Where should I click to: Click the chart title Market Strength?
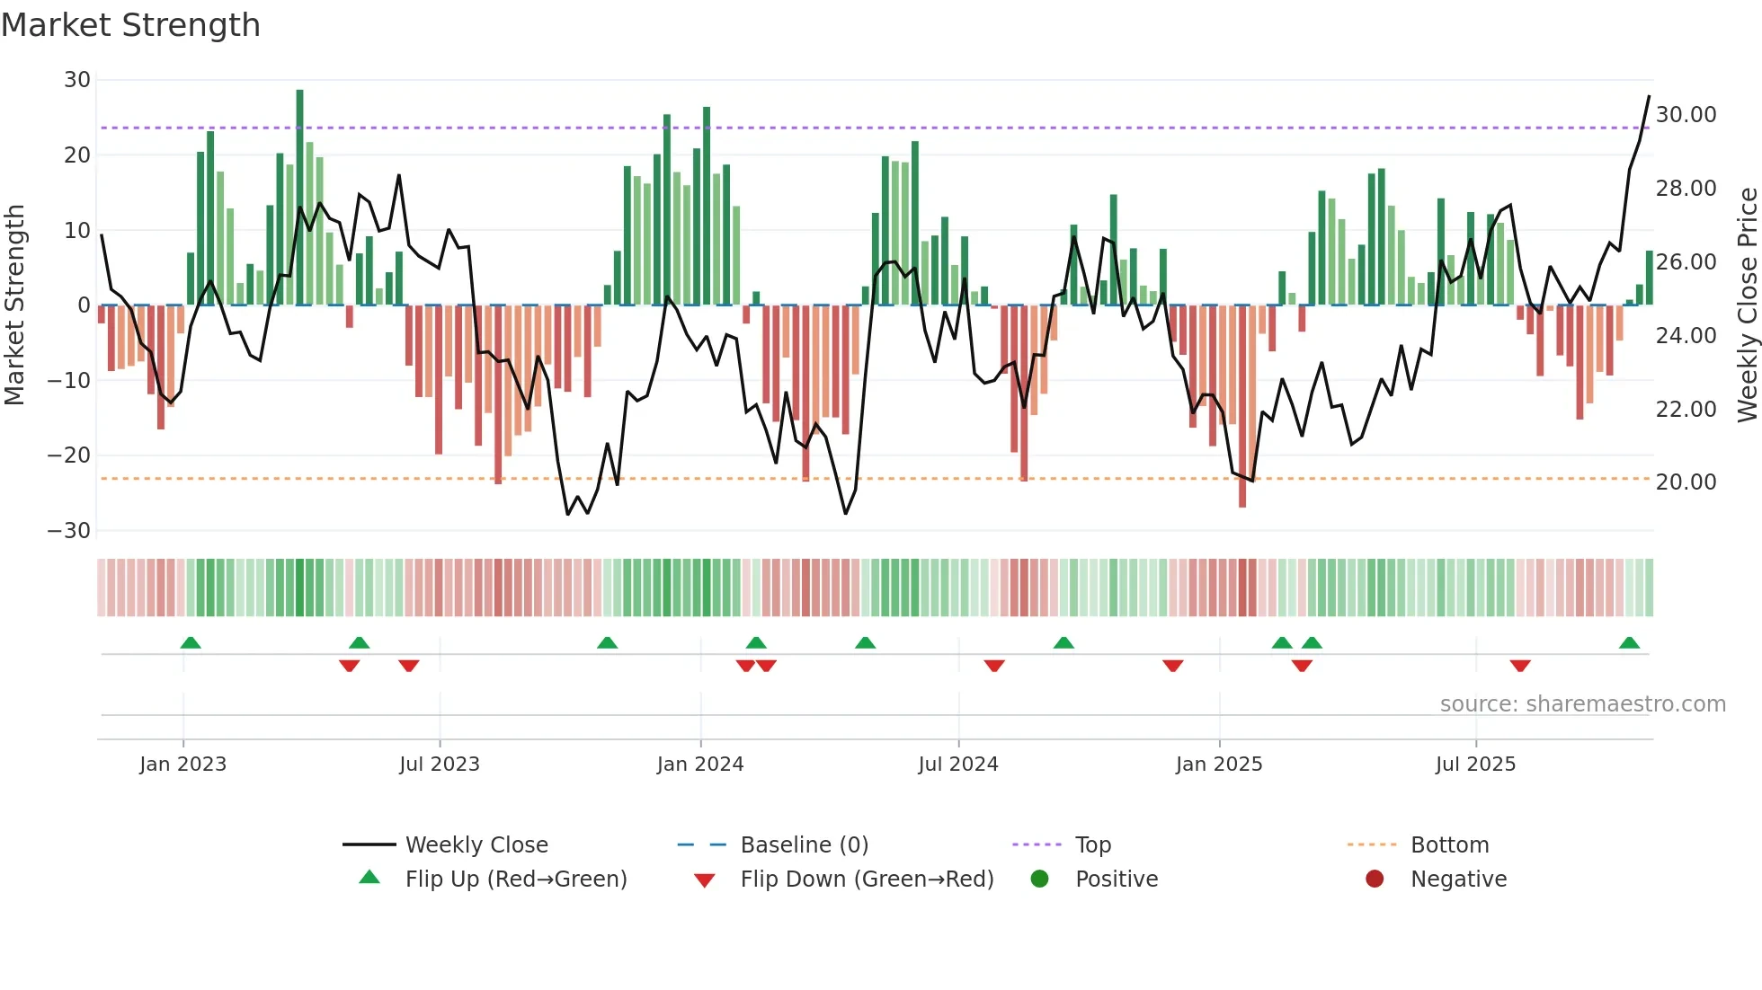click(x=130, y=25)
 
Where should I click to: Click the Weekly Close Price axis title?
click(x=1747, y=305)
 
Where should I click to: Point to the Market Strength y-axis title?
click(x=14, y=305)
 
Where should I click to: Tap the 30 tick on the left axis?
click(x=77, y=80)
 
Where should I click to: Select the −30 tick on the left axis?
click(x=70, y=530)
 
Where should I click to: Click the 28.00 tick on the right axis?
click(x=1686, y=189)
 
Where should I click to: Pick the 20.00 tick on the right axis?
click(x=1686, y=482)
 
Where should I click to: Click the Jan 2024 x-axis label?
click(x=700, y=765)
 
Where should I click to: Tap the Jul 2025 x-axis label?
click(x=1475, y=765)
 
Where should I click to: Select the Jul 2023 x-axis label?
click(x=440, y=765)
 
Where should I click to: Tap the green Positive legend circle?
click(x=1040, y=880)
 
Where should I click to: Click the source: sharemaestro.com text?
click(x=1582, y=704)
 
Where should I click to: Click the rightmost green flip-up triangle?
click(x=1629, y=643)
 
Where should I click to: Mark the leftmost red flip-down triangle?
click(x=350, y=666)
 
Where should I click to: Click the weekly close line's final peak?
click(x=1649, y=96)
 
